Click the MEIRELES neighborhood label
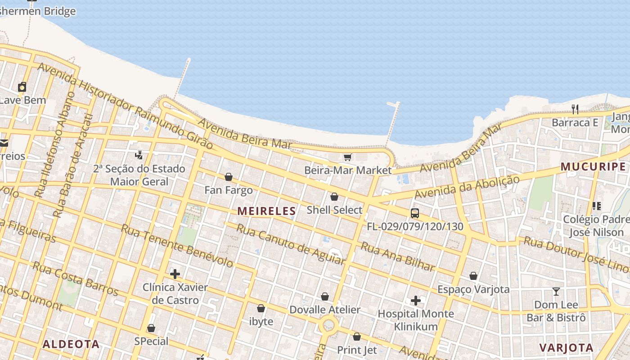pyautogui.click(x=266, y=211)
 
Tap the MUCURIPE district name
pyautogui.click(x=593, y=167)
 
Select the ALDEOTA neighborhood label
pyautogui.click(x=71, y=344)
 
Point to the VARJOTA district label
pyautogui.click(x=566, y=347)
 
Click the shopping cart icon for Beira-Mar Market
pyautogui.click(x=347, y=157)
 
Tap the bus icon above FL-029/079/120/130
pyautogui.click(x=415, y=213)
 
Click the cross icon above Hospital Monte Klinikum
pyautogui.click(x=416, y=300)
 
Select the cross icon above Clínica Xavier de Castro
pyautogui.click(x=175, y=274)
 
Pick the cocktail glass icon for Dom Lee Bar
pyautogui.click(x=556, y=292)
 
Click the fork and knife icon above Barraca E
pyautogui.click(x=575, y=109)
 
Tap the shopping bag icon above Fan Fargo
pyautogui.click(x=229, y=177)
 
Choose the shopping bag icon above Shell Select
pyautogui.click(x=334, y=197)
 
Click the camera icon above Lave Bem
pyautogui.click(x=22, y=87)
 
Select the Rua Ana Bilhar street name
pyautogui.click(x=398, y=257)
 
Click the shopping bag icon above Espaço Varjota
pyautogui.click(x=473, y=276)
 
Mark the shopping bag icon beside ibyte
pyautogui.click(x=261, y=309)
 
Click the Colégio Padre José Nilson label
pyautogui.click(x=596, y=226)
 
